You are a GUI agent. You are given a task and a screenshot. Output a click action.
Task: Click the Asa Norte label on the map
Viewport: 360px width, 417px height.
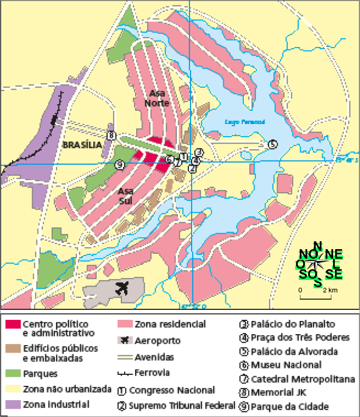pyautogui.click(x=156, y=98)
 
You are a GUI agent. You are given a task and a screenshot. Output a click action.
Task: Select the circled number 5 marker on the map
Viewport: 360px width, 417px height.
pyautogui.click(x=272, y=144)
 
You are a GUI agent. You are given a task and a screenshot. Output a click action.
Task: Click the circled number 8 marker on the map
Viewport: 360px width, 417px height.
pyautogui.click(x=111, y=136)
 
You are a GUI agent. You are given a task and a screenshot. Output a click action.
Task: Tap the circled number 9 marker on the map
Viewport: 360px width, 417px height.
pyautogui.click(x=120, y=165)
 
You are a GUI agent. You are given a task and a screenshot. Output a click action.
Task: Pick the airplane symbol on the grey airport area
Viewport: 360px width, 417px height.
pyautogui.click(x=123, y=289)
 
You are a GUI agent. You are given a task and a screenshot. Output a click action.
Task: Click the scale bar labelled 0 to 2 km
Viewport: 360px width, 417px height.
pyautogui.click(x=315, y=296)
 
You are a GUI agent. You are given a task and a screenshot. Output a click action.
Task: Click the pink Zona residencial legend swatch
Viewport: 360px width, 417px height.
pyautogui.click(x=124, y=324)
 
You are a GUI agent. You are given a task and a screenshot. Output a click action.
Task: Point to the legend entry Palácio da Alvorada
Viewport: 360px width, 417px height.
pyautogui.click(x=294, y=352)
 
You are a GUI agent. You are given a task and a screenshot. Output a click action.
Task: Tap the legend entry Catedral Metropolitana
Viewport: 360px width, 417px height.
pyautogui.click(x=299, y=379)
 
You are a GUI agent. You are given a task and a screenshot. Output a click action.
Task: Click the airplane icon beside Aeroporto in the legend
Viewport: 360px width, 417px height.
pyautogui.click(x=124, y=340)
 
